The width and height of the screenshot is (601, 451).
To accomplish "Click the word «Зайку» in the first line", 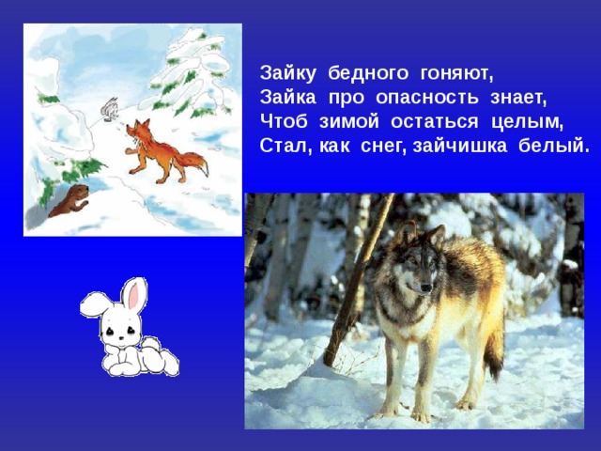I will pyautogui.click(x=287, y=71).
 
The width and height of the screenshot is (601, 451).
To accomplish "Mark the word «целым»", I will pyautogui.click(x=529, y=122).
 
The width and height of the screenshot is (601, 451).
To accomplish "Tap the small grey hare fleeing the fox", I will pyautogui.click(x=109, y=109).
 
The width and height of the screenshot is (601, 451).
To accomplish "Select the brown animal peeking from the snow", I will pyautogui.click(x=69, y=200).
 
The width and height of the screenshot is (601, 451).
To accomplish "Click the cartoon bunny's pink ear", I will pyautogui.click(x=135, y=296).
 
